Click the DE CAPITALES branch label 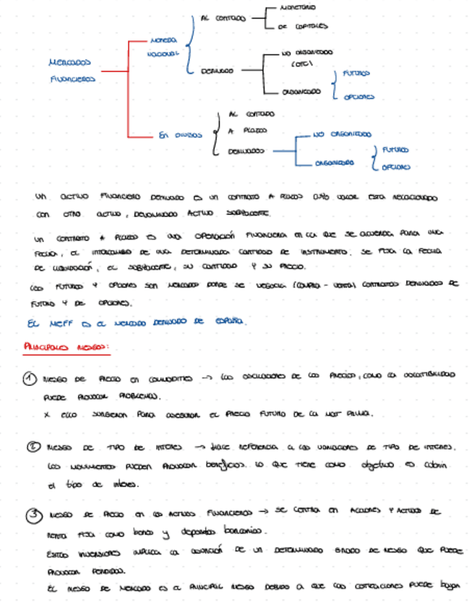click(302, 26)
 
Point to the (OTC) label click(301, 64)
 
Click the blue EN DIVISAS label click(180, 134)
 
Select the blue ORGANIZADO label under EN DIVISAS click(334, 163)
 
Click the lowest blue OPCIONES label click(395, 167)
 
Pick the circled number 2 click(33, 447)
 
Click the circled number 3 click(33, 514)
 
